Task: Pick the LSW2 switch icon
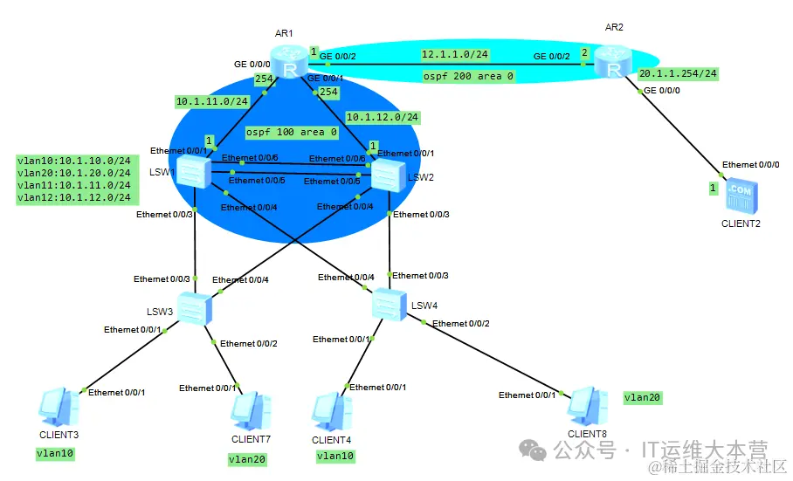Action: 387,174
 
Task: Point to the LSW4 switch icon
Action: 388,304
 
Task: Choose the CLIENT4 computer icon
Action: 334,410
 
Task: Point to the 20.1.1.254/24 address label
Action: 678,74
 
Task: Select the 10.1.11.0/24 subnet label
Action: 212,101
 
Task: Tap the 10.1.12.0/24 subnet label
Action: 383,117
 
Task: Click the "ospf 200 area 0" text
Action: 467,77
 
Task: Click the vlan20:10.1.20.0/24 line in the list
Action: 73,173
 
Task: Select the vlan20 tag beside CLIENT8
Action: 642,397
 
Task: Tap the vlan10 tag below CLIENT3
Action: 55,453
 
